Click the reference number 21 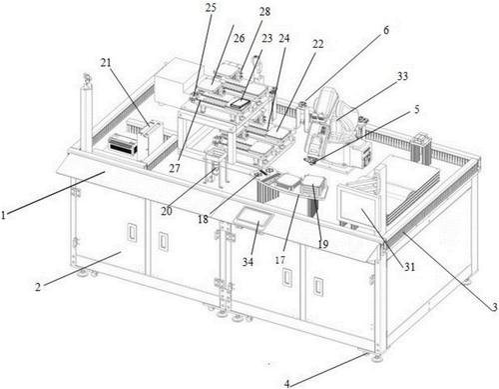pos(106,62)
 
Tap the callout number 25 pos(211,7)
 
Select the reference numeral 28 pos(264,12)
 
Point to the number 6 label pos(386,30)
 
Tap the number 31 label pos(409,267)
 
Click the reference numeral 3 pos(495,306)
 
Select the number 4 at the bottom pos(287,384)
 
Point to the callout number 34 pos(248,262)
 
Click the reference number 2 pos(38,287)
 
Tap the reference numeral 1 pos(4,215)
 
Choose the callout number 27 pos(175,168)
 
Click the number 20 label pos(167,211)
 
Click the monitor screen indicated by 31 pos(358,207)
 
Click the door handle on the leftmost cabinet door pos(133,232)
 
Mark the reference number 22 pos(317,44)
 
